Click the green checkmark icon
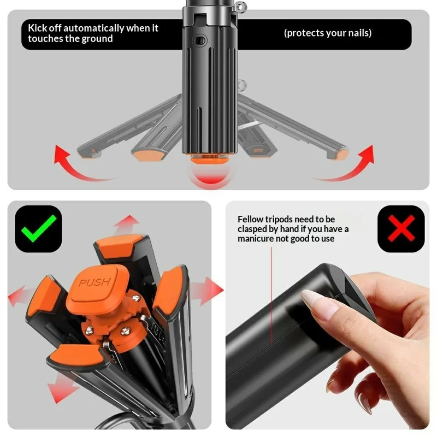(x=39, y=229)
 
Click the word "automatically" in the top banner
(x=96, y=28)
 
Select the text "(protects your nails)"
(x=328, y=33)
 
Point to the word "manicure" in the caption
(x=259, y=239)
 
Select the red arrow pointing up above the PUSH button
(x=127, y=223)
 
